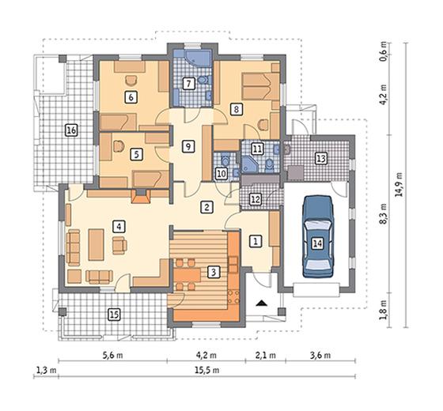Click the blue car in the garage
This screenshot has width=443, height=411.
pos(318,236)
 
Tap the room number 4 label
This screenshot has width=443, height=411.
pos(119,226)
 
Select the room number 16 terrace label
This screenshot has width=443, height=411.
pos(71,130)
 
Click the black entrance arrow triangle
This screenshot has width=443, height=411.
pos(262,303)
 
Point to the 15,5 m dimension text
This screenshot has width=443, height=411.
pos(207,370)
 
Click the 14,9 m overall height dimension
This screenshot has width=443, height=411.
pos(399,184)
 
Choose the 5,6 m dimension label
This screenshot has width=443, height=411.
pos(112,355)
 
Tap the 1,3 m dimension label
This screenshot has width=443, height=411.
pos(46,370)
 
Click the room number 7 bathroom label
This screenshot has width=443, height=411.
pos(189,84)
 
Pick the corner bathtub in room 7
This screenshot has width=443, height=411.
pos(197,58)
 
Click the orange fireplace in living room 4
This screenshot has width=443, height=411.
pos(141,196)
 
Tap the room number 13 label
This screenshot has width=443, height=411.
pos(321,158)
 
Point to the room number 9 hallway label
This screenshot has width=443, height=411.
pos(188,147)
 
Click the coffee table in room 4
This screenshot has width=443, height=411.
pos(96,244)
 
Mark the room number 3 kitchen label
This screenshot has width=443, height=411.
pos(214,273)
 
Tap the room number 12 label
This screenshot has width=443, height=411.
pos(256,199)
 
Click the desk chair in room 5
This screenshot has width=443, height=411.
pos(119,146)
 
